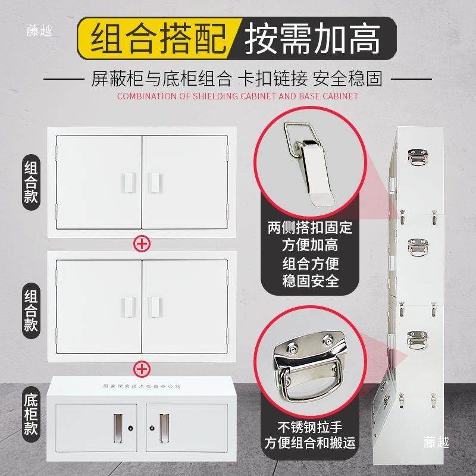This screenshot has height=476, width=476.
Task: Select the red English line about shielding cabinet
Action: [238, 96]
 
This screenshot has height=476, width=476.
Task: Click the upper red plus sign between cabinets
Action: [142, 244]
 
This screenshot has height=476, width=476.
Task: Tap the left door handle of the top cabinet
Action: [126, 181]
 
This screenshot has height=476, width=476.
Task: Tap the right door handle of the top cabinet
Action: [156, 181]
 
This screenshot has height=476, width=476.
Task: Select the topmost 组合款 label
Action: [31, 182]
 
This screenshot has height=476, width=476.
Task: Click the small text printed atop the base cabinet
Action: [142, 387]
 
